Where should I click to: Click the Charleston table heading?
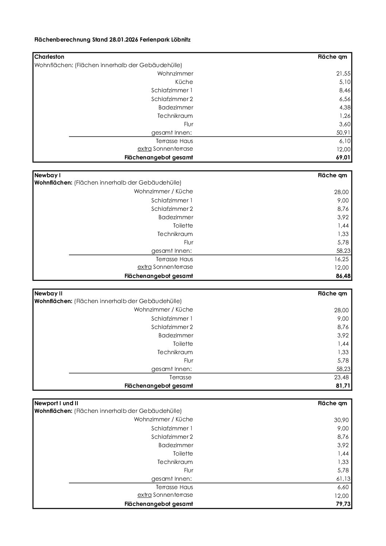coord(49,57)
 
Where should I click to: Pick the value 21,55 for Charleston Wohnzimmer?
coord(343,74)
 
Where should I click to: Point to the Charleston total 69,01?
coord(343,158)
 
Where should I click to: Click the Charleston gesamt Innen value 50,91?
coord(343,133)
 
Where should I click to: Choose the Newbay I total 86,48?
coord(343,276)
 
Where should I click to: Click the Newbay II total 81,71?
coord(343,386)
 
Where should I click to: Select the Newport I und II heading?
coord(56,403)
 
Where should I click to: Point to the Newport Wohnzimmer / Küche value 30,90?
coord(341,420)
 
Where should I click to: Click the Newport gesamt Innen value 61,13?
coord(343,479)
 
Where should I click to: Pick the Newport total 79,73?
coord(343,504)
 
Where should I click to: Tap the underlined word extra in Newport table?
coord(144,495)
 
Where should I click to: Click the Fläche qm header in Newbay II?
coord(332,293)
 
